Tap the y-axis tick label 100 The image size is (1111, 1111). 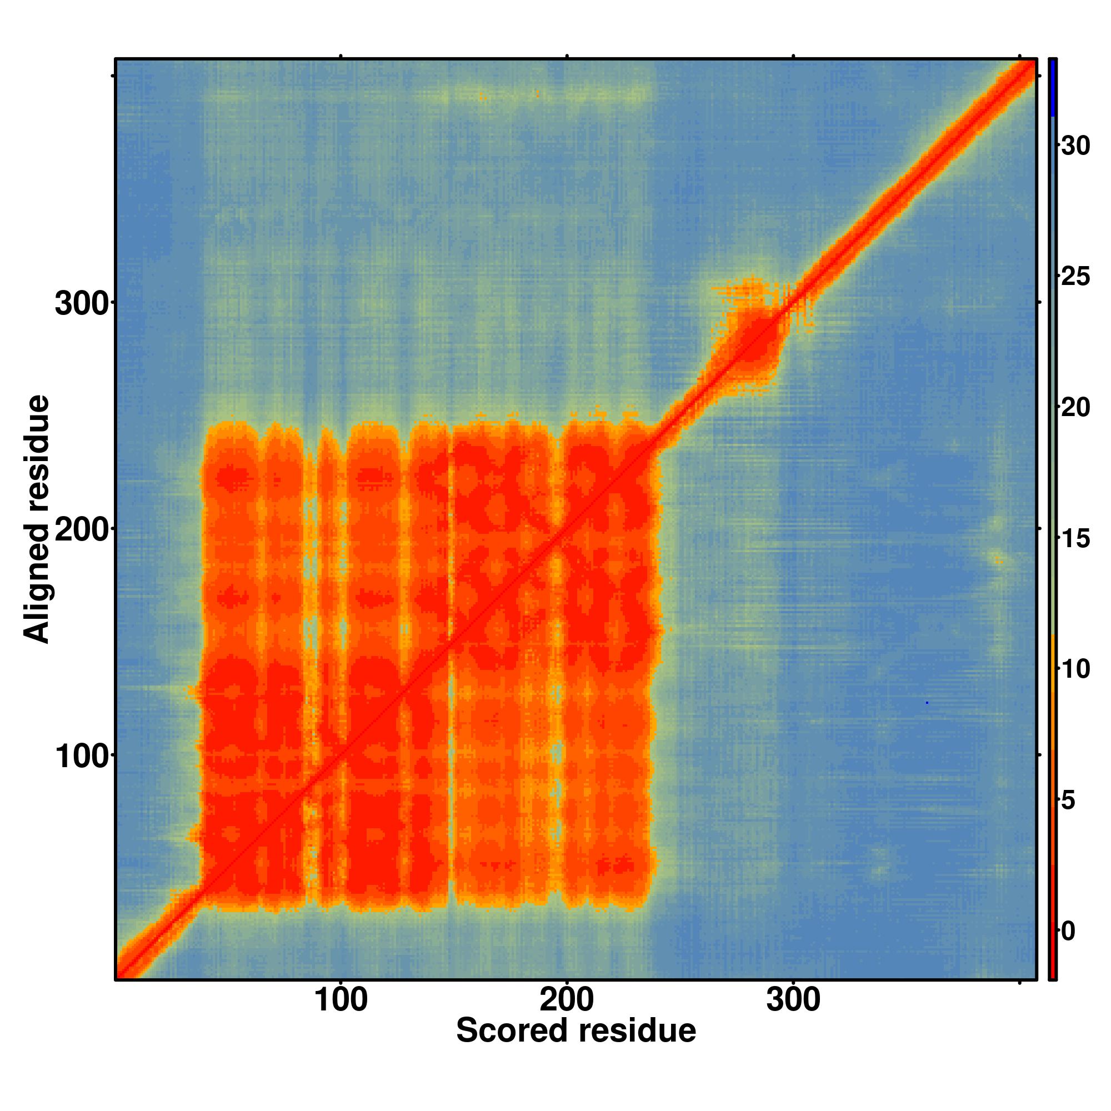pos(82,757)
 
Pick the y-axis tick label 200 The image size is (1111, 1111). pos(82,531)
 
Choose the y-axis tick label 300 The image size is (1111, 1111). pos(82,304)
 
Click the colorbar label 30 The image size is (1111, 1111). pos(1075,146)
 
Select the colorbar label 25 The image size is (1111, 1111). pos(1075,277)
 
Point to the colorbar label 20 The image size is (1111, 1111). pos(1075,408)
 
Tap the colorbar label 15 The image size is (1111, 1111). pos(1075,539)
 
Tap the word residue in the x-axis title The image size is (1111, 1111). pos(637,1030)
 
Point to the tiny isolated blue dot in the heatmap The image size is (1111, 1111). pos(927,703)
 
